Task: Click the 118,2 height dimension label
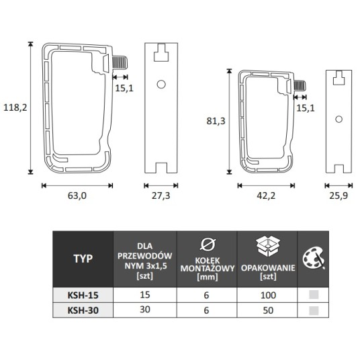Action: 15,107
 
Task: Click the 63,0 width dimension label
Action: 77,195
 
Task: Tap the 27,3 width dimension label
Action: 161,195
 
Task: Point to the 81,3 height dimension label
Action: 216,121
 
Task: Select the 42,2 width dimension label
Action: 266,195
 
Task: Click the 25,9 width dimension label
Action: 339,195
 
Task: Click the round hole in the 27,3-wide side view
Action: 161,84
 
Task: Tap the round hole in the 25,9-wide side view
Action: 339,119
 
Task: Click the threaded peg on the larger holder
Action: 120,62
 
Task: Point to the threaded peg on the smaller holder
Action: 300,86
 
